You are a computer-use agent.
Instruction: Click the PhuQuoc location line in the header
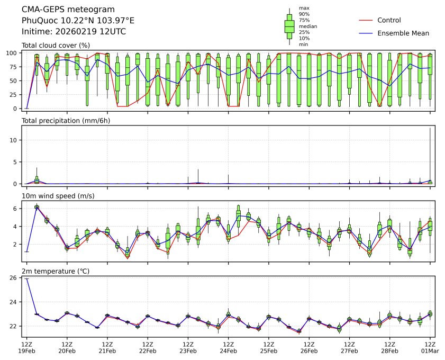[x=78, y=21]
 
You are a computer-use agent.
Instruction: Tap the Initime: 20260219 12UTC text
[x=74, y=32]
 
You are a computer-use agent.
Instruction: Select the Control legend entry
[x=389, y=20]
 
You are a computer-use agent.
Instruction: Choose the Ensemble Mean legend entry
[x=403, y=33]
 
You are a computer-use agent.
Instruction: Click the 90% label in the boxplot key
[x=304, y=14]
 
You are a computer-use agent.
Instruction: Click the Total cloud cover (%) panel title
[x=56, y=46]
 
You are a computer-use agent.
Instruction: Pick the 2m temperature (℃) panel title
[x=56, y=272]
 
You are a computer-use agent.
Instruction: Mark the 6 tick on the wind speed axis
[x=16, y=209]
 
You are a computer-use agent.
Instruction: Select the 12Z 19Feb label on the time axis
[x=27, y=347]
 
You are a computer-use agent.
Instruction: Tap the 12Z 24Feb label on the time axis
[x=228, y=347]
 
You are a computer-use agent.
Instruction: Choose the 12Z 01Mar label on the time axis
[x=430, y=347]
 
